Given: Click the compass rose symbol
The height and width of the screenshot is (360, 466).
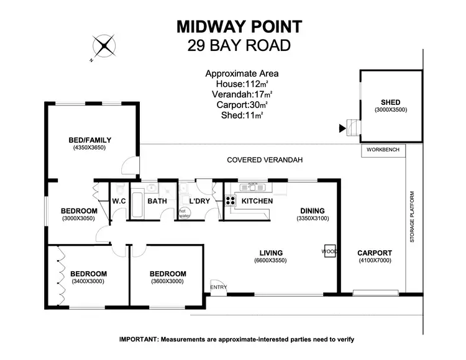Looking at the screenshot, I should (104, 46).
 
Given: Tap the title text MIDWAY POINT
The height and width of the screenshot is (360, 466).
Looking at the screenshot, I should (239, 27).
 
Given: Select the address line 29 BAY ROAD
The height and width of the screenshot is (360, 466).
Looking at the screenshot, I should (239, 45).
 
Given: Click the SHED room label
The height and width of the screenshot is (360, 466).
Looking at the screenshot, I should (390, 102).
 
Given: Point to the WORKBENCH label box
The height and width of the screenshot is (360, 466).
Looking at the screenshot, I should (383, 150).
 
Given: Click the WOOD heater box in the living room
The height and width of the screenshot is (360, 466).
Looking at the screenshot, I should (329, 252).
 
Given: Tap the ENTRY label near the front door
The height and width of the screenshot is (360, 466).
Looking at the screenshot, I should (219, 287).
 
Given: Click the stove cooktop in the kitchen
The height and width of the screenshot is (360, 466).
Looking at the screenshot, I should (229, 200).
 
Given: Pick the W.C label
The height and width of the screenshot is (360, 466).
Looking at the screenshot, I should (119, 201).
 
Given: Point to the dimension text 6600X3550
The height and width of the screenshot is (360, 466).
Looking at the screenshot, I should (272, 261).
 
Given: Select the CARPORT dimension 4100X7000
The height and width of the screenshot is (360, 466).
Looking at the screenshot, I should (375, 261).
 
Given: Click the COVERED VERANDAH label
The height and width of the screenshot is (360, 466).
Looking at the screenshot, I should (264, 160).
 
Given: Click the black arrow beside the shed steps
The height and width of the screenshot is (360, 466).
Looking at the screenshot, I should (340, 129).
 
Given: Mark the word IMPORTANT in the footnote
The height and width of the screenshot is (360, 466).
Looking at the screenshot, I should (139, 340).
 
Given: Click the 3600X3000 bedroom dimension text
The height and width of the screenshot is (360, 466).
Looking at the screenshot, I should (167, 282).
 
